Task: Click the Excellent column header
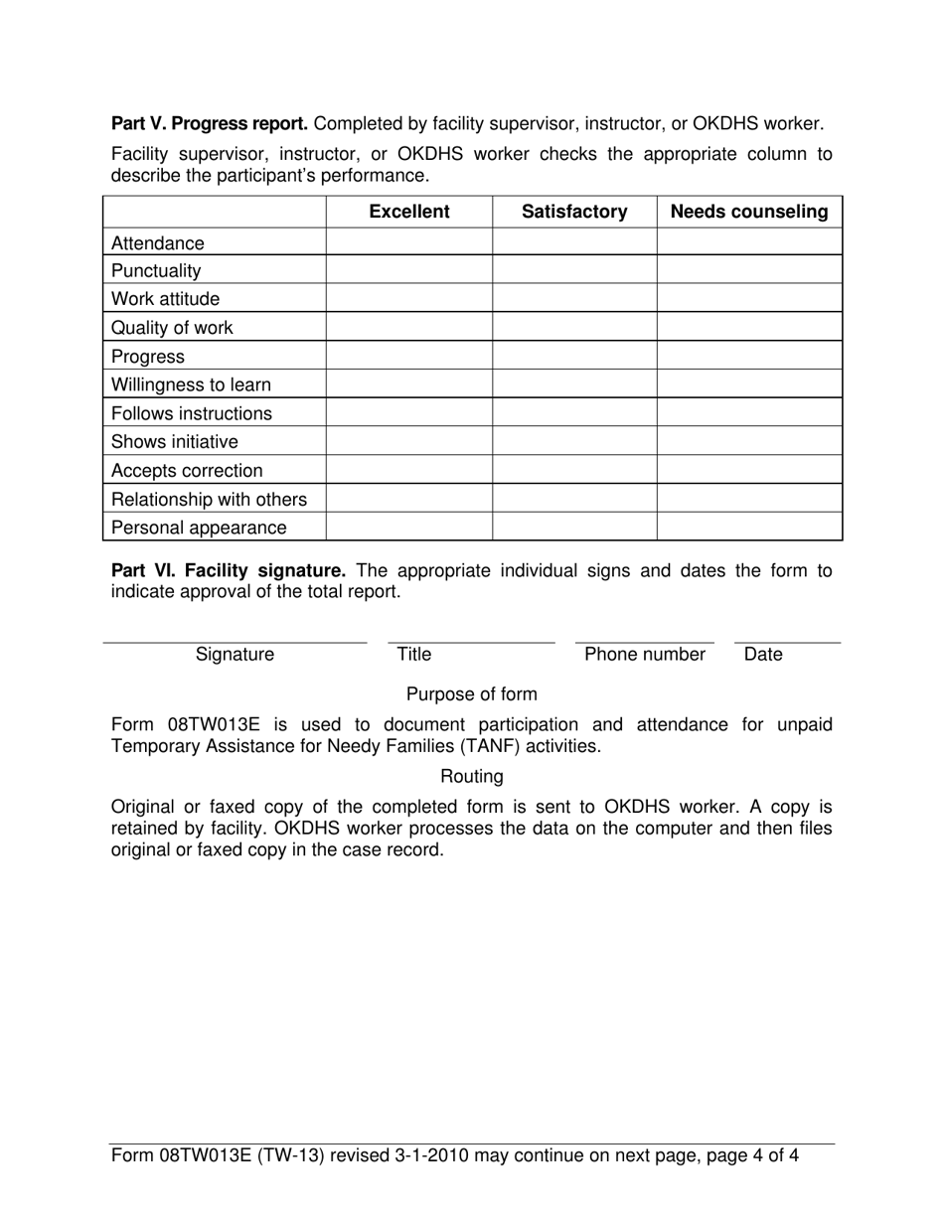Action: (x=408, y=212)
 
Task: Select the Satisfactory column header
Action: (x=574, y=212)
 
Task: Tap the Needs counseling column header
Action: (x=749, y=212)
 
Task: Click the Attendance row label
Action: (x=158, y=243)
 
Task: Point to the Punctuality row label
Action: (x=156, y=271)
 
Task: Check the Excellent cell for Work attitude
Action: (x=408, y=299)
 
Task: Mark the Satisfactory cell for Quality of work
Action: (x=574, y=328)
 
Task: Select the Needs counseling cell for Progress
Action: (x=749, y=357)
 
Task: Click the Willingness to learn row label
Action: (x=191, y=384)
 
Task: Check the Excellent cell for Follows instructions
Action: (x=408, y=413)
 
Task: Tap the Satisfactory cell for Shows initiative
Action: (x=574, y=442)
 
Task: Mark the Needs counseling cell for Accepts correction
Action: (x=749, y=471)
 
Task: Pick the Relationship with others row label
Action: (x=209, y=499)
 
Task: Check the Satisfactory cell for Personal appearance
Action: (x=574, y=528)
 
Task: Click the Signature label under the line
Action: (x=235, y=655)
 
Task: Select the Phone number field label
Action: (x=645, y=655)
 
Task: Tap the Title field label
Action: (x=413, y=655)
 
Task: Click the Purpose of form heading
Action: (x=472, y=694)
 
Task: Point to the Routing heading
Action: (x=472, y=776)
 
